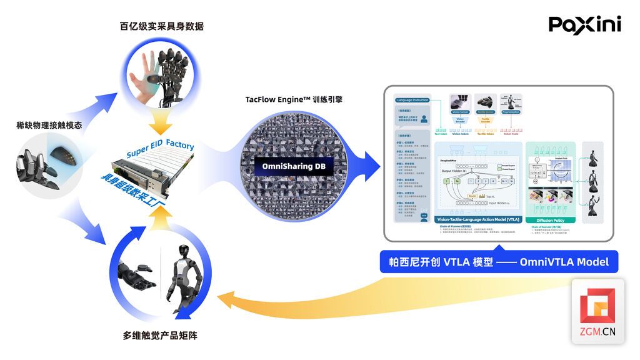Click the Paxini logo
[x=584, y=25]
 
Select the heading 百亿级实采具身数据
[x=162, y=26]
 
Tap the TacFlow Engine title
[x=294, y=99]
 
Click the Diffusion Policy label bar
[x=549, y=220]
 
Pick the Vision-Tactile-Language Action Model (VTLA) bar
[x=477, y=220]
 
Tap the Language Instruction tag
[x=412, y=100]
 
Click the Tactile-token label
[x=486, y=133]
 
